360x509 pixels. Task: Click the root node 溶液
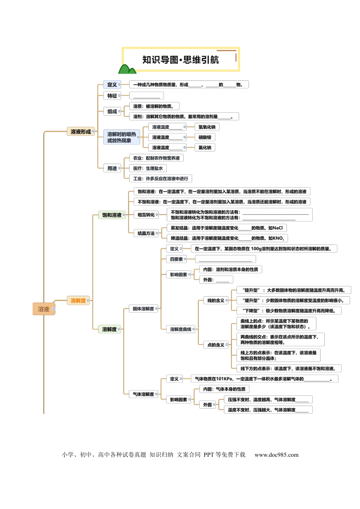(x=44, y=309)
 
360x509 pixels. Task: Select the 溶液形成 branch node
(x=81, y=131)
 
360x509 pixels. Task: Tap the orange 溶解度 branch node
(x=78, y=300)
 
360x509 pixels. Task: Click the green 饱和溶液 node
(x=112, y=215)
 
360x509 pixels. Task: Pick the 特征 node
(x=112, y=96)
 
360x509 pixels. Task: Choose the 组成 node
(x=112, y=111)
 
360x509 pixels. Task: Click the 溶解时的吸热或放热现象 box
(x=122, y=137)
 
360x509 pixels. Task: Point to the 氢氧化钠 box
(x=207, y=127)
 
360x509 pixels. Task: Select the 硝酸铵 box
(x=205, y=137)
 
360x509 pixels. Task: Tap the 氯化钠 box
(x=205, y=147)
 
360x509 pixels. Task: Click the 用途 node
(x=112, y=168)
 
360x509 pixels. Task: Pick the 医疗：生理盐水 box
(x=148, y=168)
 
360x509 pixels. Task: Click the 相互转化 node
(x=146, y=214)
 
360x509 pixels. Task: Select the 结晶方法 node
(x=146, y=233)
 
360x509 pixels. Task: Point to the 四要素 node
(x=177, y=259)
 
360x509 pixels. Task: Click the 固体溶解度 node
(x=143, y=309)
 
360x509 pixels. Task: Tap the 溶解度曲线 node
(x=181, y=329)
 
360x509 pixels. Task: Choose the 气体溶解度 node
(x=143, y=394)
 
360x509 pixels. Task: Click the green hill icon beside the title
(x=127, y=69)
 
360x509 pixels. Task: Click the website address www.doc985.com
(x=277, y=454)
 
